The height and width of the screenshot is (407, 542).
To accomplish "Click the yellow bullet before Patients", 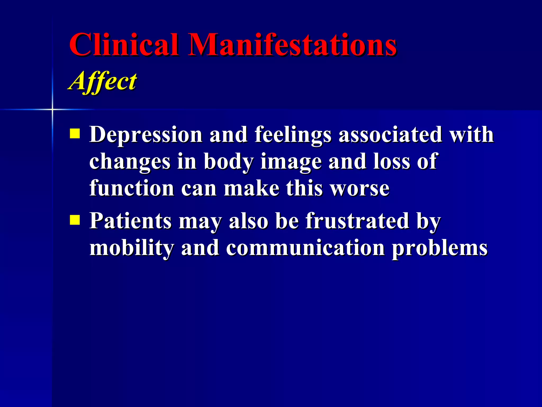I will (x=75, y=220).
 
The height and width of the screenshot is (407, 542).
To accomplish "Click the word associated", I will (x=390, y=135).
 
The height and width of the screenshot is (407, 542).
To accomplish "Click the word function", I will (x=132, y=188).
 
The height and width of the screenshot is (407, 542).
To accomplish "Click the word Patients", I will (x=130, y=221).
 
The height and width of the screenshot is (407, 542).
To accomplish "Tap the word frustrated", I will (x=357, y=221).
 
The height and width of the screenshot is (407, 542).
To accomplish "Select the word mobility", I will (x=132, y=248).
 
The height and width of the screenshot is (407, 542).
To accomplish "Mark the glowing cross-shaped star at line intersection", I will (x=52, y=109).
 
